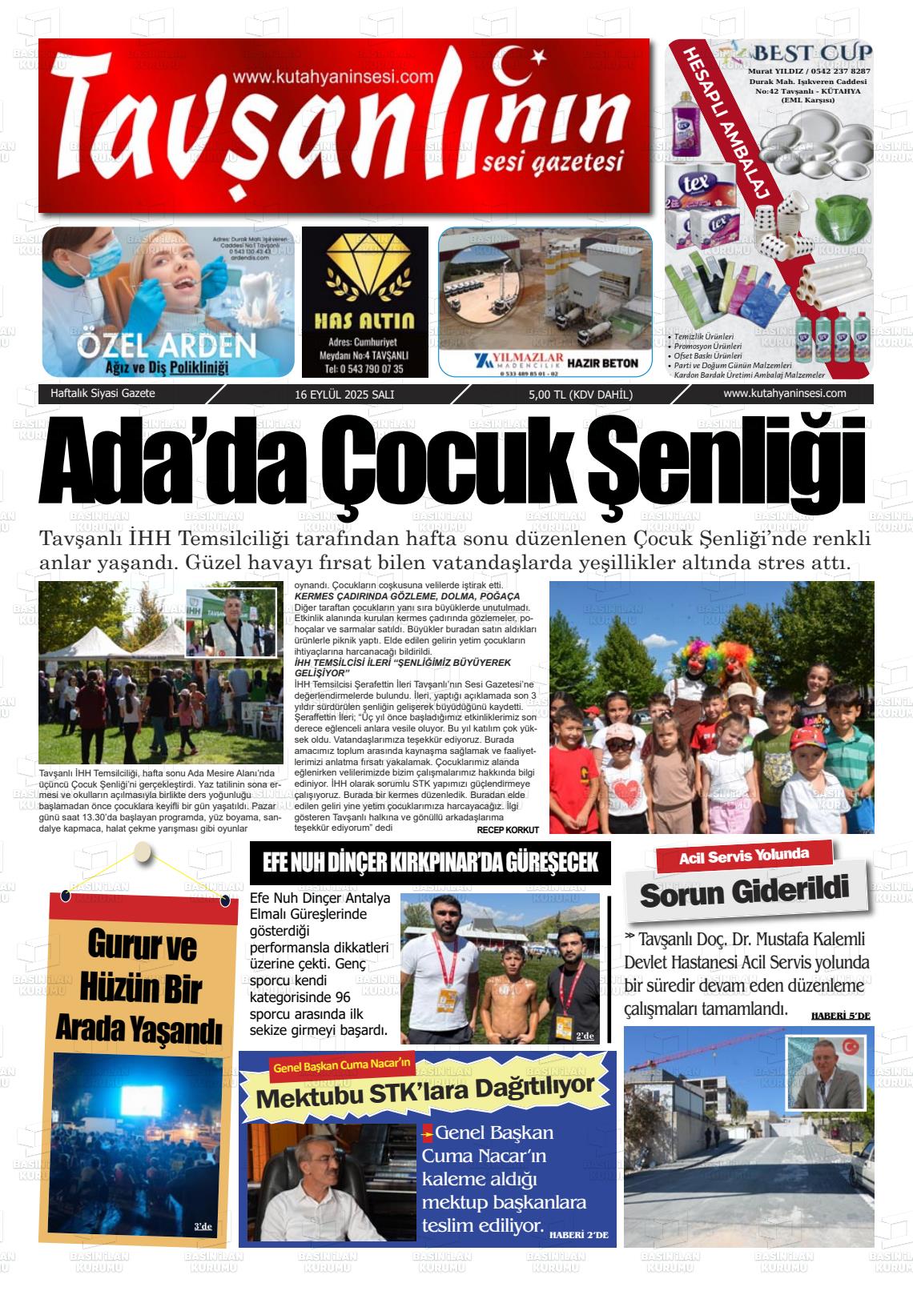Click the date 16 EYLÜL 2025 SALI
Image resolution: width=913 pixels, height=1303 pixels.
pos(344,395)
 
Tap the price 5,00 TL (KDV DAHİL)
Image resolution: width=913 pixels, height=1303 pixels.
pos(581,395)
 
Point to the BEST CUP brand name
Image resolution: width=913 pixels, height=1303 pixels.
pos(811,54)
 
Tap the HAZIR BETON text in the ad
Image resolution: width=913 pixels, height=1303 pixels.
pos(602,363)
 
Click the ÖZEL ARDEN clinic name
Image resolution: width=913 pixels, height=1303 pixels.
pos(167,346)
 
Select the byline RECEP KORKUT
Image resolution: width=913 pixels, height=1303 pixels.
pos(508,830)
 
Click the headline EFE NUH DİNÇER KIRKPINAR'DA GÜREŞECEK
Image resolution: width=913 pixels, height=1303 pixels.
pos(430,863)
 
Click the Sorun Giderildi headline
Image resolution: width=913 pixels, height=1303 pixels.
pos(744,892)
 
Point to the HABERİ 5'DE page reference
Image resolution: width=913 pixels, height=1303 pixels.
pos(840,1016)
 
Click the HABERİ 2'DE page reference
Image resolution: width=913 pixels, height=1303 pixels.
pos(578,1235)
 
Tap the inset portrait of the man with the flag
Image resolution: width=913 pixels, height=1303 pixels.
pos(824,1070)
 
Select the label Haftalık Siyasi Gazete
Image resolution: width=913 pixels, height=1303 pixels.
pos(103,394)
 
